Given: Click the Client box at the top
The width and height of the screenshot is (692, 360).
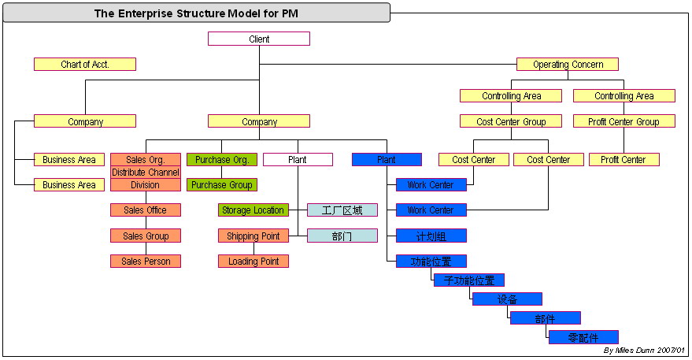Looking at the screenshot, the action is coord(259,39).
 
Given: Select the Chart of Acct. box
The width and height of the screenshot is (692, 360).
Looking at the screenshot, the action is coord(85,64).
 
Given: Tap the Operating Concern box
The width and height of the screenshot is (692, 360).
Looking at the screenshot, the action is coord(568,64).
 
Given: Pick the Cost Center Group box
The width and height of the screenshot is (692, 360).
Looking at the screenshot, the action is coord(511,121).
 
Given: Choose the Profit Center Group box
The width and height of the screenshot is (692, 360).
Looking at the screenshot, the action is coord(624,121).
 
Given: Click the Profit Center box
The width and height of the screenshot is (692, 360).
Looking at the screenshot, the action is coord(624,159).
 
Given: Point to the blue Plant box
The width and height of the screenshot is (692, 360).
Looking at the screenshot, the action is coord(387,159).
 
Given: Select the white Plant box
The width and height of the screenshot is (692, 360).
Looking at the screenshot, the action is coord(298,159).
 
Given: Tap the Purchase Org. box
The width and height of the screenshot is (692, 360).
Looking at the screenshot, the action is coord(221,159).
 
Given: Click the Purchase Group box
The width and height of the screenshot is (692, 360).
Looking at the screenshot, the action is coord(221,184).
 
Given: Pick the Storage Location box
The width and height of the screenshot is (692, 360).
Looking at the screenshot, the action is coord(253,210).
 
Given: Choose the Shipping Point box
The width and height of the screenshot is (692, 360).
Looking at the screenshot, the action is coord(253,236).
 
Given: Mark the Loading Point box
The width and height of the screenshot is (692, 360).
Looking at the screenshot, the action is coord(253,261).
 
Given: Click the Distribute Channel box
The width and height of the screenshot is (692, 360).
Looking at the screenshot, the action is coord(146,173).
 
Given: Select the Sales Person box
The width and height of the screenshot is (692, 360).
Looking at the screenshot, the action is coord(146,261).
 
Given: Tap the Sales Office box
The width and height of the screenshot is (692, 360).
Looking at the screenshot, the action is coord(146,210).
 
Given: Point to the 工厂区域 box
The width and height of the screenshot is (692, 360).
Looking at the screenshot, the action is coord(342,210).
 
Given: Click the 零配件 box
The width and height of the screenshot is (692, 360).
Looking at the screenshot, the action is coord(583,337).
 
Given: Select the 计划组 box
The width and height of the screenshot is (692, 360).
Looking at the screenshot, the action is coord(431,236).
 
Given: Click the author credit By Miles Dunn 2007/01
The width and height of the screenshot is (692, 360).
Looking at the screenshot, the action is coord(644,351).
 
